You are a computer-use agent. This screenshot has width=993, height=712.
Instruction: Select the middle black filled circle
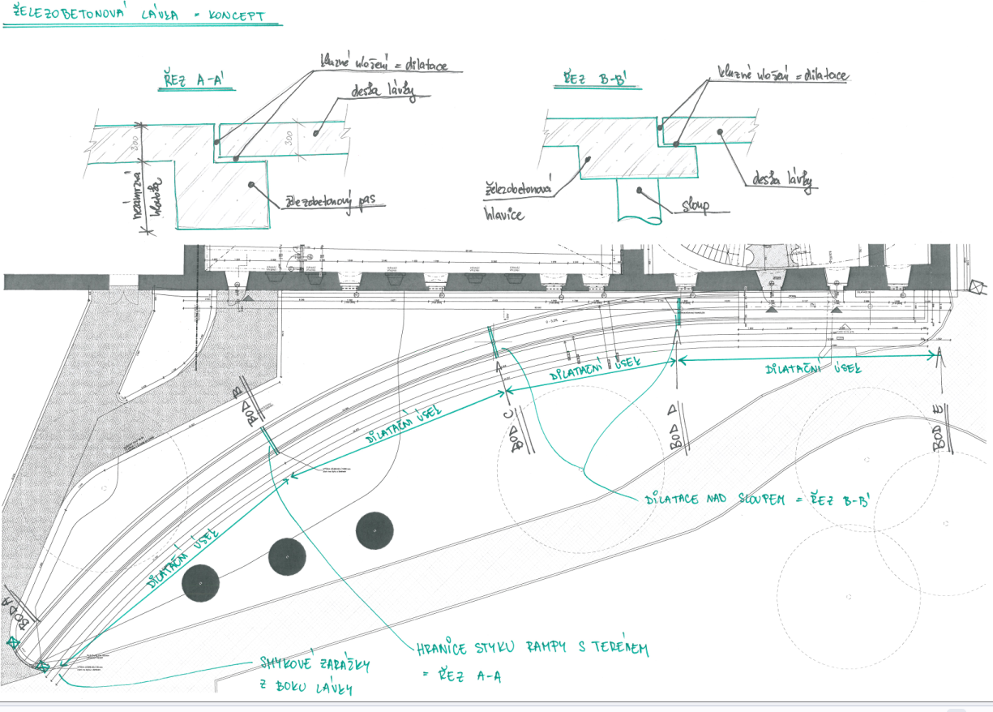(288, 557)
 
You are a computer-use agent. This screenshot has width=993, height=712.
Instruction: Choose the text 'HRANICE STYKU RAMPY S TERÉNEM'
(533, 648)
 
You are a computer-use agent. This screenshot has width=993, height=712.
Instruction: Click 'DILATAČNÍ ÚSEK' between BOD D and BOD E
(812, 369)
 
